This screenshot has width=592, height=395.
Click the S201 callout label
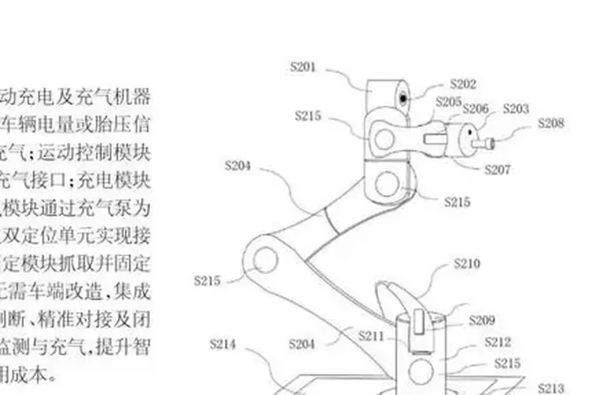[303, 66]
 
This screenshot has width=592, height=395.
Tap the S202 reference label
[463, 83]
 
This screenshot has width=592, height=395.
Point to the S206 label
[475, 109]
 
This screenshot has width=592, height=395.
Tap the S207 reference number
[497, 169]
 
